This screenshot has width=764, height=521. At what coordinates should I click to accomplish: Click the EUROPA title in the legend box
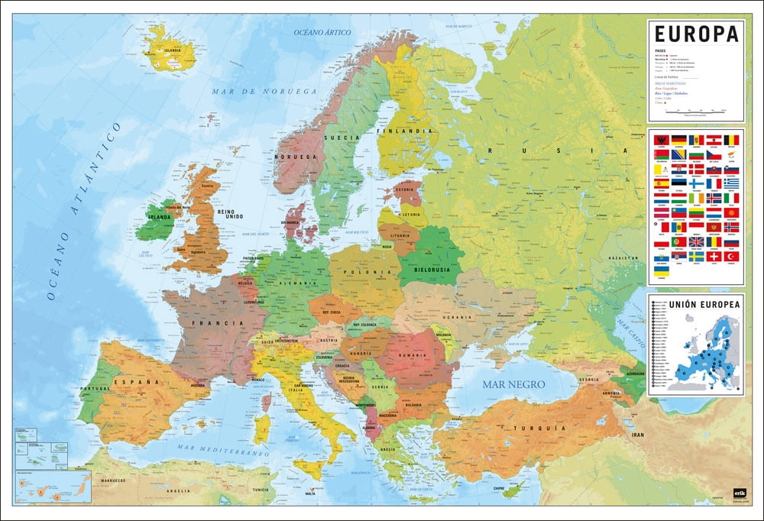[695, 34]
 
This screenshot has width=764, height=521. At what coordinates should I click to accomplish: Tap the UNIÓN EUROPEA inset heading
[695, 304]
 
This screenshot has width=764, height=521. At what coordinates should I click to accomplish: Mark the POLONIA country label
[363, 272]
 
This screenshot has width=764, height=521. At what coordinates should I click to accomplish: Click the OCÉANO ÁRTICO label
[322, 33]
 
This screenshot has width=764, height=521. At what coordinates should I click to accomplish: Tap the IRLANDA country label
[159, 216]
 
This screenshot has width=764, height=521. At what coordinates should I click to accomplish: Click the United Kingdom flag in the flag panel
[696, 241]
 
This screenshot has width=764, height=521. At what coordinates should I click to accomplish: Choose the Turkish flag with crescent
[731, 257]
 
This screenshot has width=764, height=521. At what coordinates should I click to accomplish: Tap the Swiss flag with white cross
[714, 257]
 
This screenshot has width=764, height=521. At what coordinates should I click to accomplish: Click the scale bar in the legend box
[695, 112]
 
